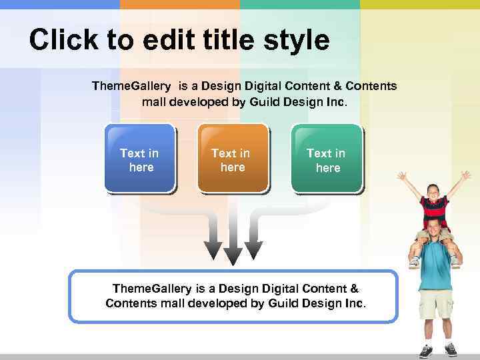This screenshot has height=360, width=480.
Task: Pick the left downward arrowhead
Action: pyautogui.click(x=213, y=249)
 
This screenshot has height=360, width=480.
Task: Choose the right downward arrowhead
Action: pyautogui.click(x=253, y=249)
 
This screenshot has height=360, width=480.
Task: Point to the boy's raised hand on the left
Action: pyautogui.click(x=402, y=177)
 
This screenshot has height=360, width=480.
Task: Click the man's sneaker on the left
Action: pyautogui.click(x=425, y=351)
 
